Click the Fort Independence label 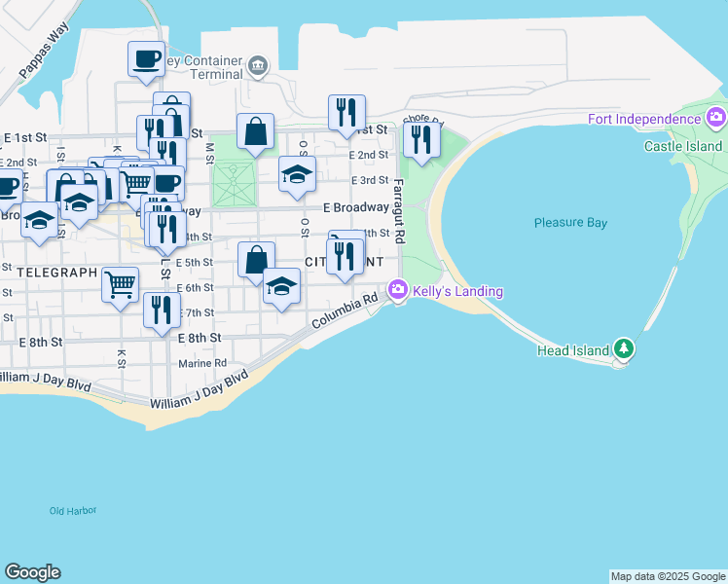coord(644,120)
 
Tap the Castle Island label coord(683,146)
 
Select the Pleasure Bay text coord(570,223)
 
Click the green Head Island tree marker coord(623,349)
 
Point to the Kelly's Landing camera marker coord(397,290)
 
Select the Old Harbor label coord(73,510)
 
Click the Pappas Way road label coord(45,58)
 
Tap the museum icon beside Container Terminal coord(258,66)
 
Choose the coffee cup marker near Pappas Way coord(146,57)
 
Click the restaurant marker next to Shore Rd coord(420,138)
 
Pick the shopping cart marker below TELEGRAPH coord(120,284)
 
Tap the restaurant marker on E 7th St coord(161,309)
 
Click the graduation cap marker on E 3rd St coord(297,173)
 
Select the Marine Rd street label coord(202,363)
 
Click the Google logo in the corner coord(32,572)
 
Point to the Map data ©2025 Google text coord(669,576)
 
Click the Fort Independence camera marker coord(717,118)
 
